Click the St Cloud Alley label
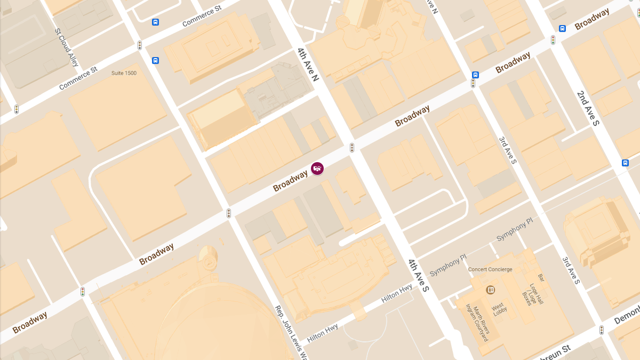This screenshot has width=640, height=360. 67,47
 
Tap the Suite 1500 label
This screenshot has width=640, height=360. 124,73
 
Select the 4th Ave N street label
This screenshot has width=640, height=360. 308,65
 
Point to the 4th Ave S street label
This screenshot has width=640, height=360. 419,275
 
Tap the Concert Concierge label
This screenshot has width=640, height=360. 490,269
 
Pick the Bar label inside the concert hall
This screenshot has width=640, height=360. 541,278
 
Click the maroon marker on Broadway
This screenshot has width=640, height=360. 317,169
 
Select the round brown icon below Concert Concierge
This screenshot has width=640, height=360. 490,290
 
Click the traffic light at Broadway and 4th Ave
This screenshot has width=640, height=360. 352,148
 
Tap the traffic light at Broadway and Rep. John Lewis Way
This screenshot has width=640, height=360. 229,213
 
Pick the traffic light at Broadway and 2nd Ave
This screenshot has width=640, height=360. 553,40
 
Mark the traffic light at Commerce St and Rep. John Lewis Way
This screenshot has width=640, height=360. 140,45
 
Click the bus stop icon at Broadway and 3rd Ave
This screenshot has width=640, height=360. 475,75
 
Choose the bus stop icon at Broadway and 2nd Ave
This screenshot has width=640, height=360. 562,28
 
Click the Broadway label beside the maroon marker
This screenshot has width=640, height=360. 290,181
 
